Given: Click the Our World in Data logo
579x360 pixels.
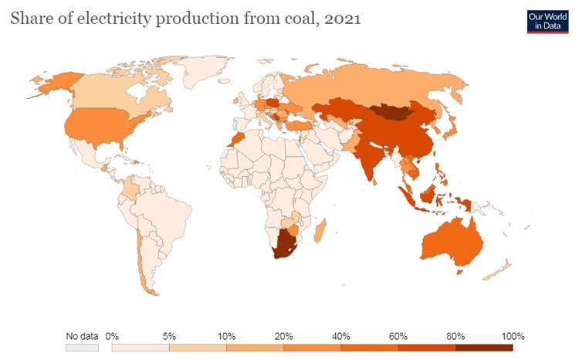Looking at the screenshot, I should (547, 21).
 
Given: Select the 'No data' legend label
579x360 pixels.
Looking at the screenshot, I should (82, 336).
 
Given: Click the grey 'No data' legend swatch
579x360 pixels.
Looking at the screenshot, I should (82, 348).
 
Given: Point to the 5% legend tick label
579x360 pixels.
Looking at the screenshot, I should (169, 336).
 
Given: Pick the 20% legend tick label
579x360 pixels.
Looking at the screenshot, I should (283, 336).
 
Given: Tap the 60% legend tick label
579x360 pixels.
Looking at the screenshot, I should (398, 336).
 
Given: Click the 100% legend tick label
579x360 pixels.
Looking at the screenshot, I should (513, 336).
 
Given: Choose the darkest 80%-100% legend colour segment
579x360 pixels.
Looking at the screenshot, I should (483, 348).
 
